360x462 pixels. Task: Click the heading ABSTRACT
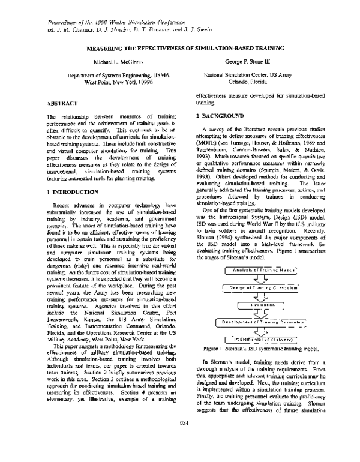tap(61, 103)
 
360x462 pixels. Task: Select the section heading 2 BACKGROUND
tap(221, 115)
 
